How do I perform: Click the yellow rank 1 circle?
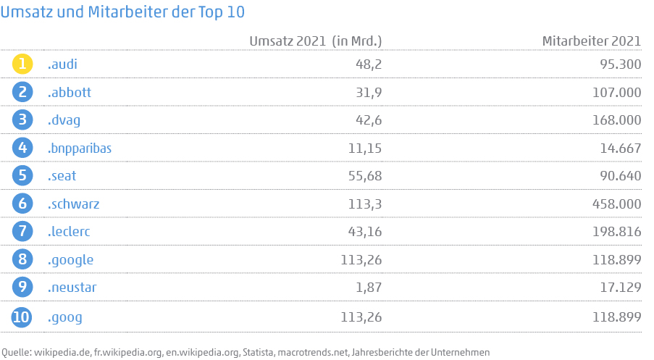23,64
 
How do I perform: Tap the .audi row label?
62,64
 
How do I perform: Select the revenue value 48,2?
368,64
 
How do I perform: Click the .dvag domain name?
63,120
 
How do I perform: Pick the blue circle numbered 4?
23,148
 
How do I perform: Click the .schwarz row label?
73,204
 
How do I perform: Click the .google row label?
70,259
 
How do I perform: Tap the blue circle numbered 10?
23,317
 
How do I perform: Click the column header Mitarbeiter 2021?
591,41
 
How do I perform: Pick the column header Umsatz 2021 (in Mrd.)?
315,41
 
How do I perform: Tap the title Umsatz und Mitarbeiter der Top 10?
122,12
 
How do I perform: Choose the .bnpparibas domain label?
80,148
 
